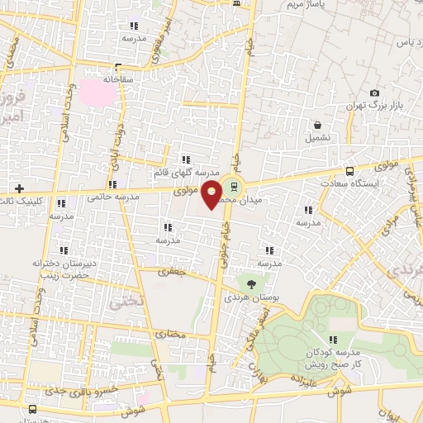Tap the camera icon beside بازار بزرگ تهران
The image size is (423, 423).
(x=374, y=93)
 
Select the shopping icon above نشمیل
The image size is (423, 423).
(x=316, y=126)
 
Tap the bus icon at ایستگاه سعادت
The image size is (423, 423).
(x=350, y=171)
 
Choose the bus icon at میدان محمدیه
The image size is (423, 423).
(x=234, y=186)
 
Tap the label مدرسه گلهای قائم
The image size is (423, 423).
(x=184, y=171)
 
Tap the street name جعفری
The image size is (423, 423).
(x=173, y=271)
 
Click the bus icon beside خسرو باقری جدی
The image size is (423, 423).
(x=32, y=409)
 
